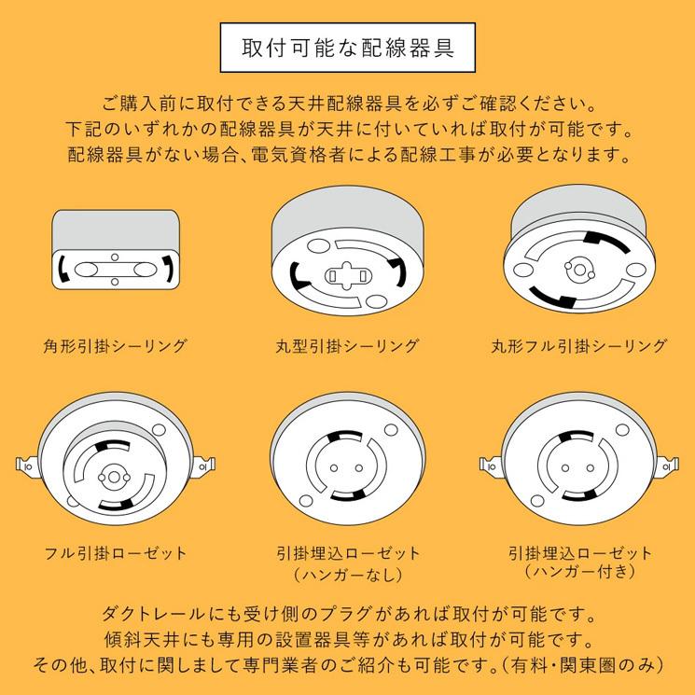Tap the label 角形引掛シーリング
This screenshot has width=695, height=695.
click(x=116, y=346)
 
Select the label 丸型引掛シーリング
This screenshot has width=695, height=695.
click(x=347, y=346)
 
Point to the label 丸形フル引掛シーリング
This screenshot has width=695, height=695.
click(x=579, y=346)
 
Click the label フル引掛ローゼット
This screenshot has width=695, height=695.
click(x=116, y=553)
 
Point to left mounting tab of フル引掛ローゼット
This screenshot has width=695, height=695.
click(x=25, y=464)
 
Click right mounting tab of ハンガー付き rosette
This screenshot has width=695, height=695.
click(x=669, y=464)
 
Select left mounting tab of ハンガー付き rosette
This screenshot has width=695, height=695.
click(x=489, y=464)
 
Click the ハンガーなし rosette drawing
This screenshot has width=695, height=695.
click(x=347, y=462)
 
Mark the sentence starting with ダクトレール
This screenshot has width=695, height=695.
click(x=347, y=616)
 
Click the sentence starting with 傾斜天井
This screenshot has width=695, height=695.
click(x=347, y=640)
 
